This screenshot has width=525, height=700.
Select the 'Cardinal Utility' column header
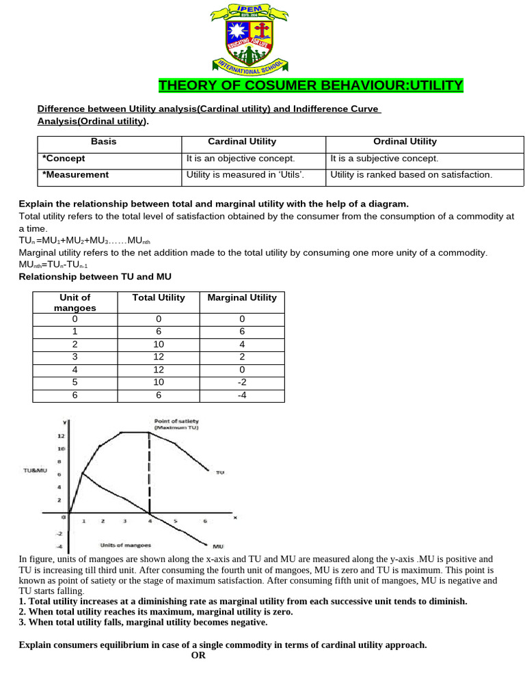click(242, 142)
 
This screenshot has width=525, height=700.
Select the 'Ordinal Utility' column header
click(405, 142)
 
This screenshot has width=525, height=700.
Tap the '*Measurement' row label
click(76, 174)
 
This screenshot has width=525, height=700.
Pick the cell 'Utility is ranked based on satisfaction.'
click(411, 174)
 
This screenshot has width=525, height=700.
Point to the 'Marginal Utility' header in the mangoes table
click(241, 297)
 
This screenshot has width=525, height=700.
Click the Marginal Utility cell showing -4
click(241, 395)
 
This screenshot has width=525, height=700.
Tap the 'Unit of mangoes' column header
click(75, 302)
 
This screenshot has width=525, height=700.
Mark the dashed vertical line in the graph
click(149, 472)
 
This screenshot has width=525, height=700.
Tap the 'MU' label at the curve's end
click(218, 546)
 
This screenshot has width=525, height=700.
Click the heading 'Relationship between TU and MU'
click(95, 276)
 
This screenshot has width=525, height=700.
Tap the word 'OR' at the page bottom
click(198, 655)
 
